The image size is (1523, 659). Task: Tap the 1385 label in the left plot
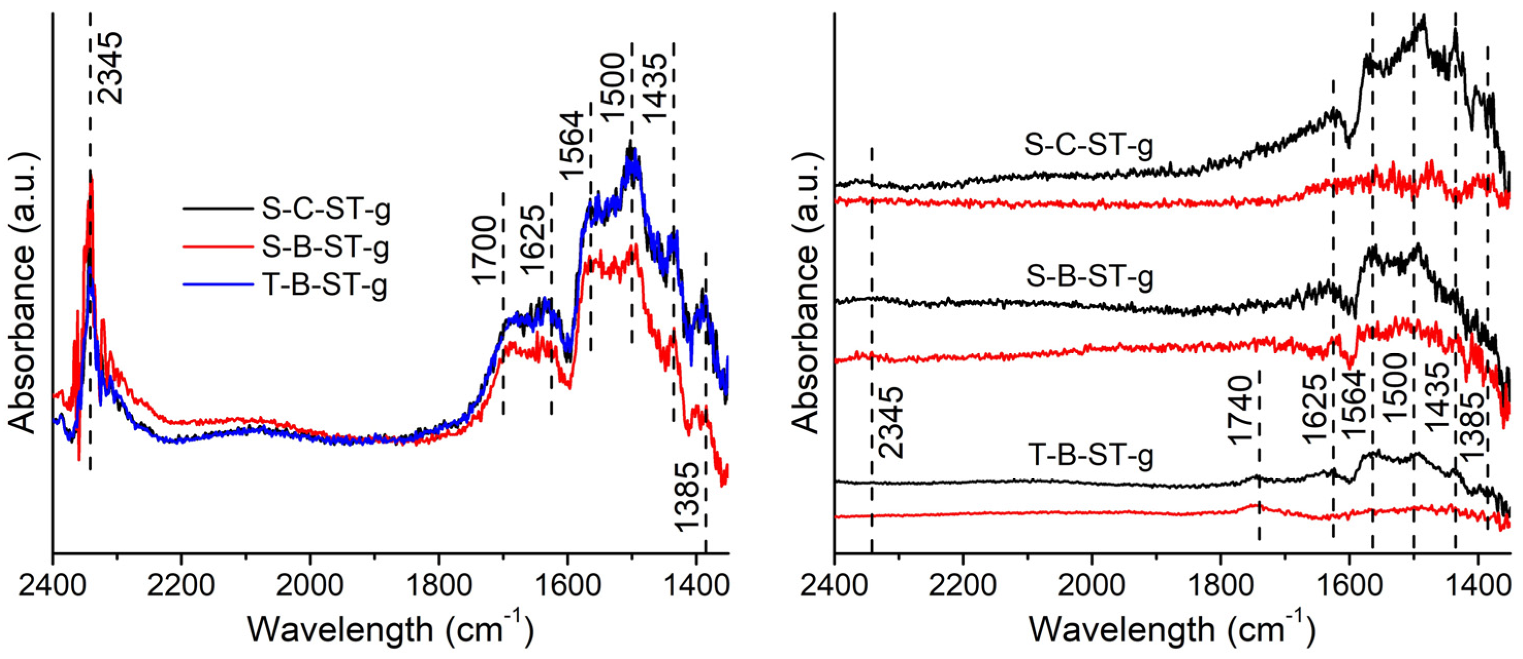tap(687, 497)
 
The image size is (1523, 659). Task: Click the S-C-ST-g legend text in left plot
tap(326, 209)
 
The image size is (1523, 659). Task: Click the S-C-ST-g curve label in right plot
tap(1089, 145)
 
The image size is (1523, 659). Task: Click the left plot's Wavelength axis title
tap(390, 630)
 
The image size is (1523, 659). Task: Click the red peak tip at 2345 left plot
tap(91, 179)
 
